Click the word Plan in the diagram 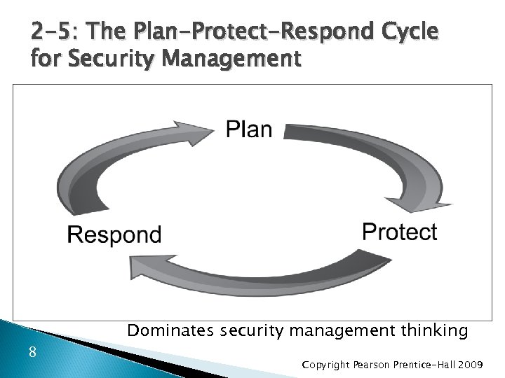pos(249,129)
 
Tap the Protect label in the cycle pos(399,232)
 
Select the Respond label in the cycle pos(114,234)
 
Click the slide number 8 pos(32,352)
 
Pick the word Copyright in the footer pos(326,365)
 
